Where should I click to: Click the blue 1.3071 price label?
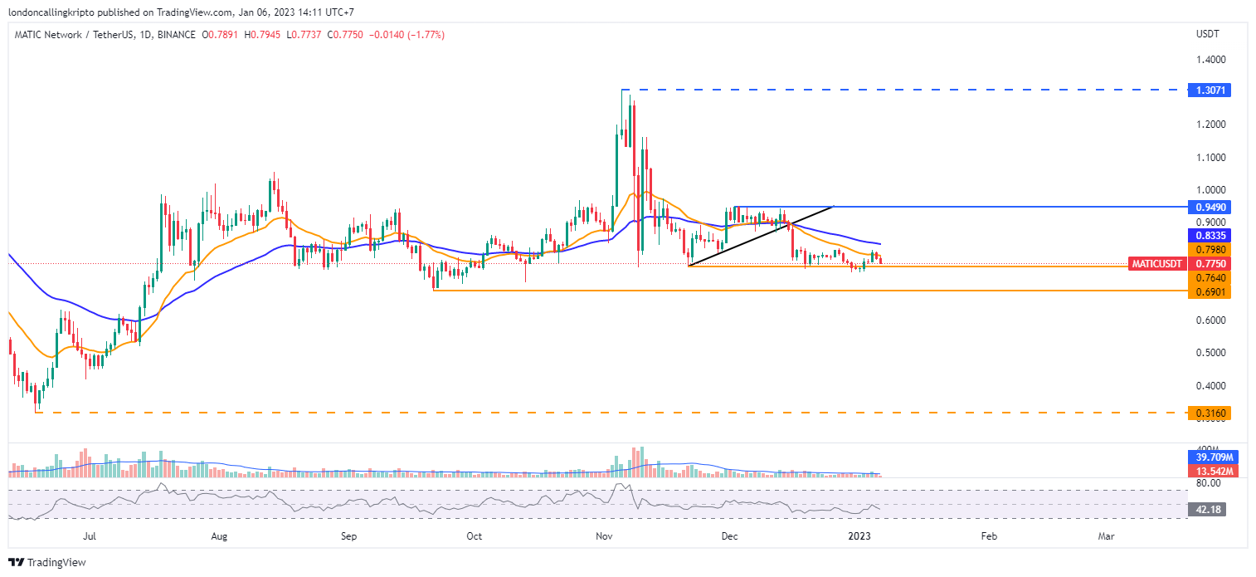pos(1208,90)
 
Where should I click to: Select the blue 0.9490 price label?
pos(1208,206)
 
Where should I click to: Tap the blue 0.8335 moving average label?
pos(1208,236)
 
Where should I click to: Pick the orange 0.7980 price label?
pos(1208,249)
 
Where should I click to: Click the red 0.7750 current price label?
pos(1208,263)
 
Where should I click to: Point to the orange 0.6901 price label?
pos(1208,291)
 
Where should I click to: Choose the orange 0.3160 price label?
pos(1208,412)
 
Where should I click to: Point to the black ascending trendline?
pos(759,236)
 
